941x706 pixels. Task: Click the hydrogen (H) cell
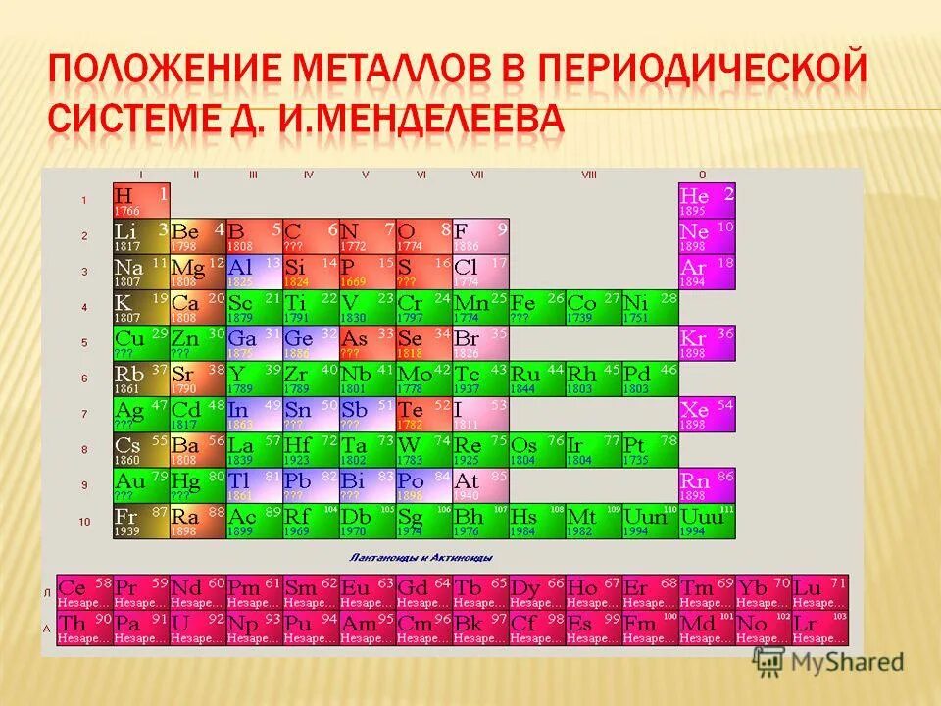tap(141, 200)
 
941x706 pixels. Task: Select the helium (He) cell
tap(706, 200)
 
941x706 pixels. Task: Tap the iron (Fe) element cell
tap(537, 307)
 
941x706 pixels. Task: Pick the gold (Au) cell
tap(141, 485)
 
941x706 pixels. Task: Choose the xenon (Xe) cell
tap(706, 414)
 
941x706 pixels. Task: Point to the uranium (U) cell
tap(198, 628)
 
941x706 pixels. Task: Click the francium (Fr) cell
tap(141, 521)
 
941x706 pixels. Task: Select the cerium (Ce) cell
tap(84, 591)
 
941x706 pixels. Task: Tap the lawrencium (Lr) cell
tap(820, 628)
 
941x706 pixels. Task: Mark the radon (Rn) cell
tap(706, 485)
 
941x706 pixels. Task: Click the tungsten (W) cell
tap(424, 449)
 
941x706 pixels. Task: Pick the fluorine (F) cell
tap(481, 235)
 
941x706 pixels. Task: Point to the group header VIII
tap(588, 175)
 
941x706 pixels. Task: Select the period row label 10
tap(84, 521)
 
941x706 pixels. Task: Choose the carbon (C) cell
tap(312, 235)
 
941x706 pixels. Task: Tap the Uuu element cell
tap(706, 521)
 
